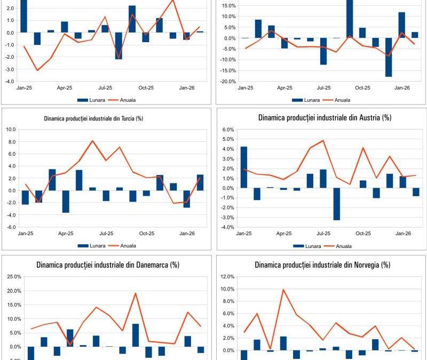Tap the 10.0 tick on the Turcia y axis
(11, 129)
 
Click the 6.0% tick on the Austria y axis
(228, 129)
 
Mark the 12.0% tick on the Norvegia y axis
(227, 277)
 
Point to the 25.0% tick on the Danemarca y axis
(14, 277)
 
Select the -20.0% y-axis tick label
(228, 82)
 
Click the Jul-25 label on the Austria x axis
(323, 234)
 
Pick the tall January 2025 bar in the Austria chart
(244, 167)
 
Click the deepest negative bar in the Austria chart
(337, 204)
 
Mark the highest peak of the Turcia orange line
(92, 141)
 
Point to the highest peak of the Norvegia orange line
(283, 290)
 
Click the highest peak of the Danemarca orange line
(136, 293)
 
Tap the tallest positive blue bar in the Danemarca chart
(136, 335)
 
